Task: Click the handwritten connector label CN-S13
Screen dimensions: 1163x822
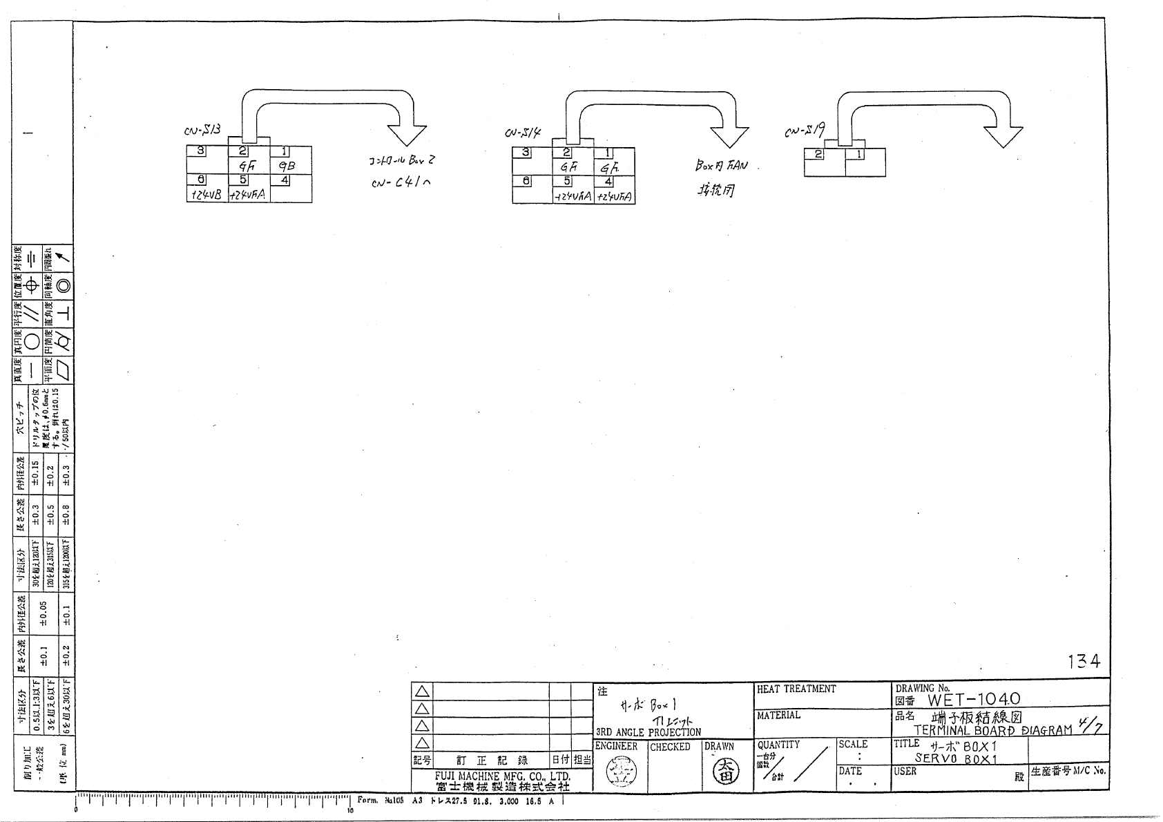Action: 202,130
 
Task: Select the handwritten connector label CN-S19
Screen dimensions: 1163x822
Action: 805,129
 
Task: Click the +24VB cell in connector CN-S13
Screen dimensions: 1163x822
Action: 206,195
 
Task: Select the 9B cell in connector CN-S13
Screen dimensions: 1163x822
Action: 287,166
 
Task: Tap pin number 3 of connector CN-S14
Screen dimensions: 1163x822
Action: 526,153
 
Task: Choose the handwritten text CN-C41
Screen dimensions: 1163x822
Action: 398,182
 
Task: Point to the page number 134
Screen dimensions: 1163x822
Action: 1083,662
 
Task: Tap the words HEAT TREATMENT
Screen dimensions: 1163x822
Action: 796,689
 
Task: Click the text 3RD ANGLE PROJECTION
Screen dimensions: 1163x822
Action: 648,732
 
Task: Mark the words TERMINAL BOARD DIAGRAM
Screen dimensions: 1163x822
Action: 993,730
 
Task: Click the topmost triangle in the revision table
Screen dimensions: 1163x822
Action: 422,691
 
